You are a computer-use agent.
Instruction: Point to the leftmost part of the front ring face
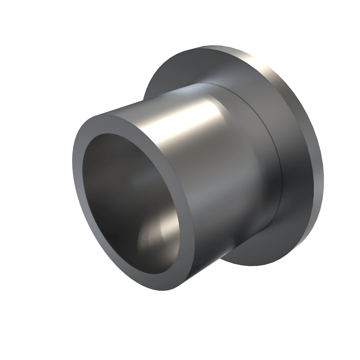(74, 168)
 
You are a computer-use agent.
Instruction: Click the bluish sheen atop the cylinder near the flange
(198, 90)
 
